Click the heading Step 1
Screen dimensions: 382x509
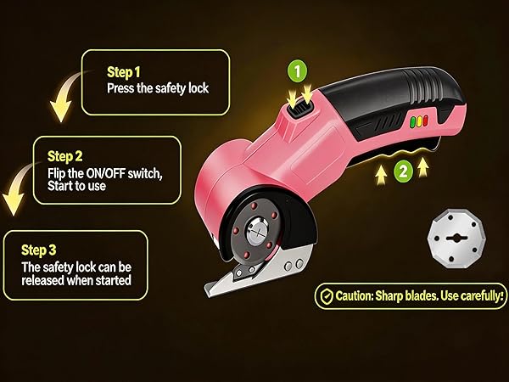point(124,71)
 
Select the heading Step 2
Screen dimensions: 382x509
point(65,156)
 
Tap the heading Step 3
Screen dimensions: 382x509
point(39,250)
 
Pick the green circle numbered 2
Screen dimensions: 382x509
point(404,171)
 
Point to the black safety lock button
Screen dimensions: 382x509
point(298,106)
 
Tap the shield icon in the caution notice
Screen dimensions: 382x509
point(325,296)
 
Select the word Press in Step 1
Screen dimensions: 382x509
point(120,87)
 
